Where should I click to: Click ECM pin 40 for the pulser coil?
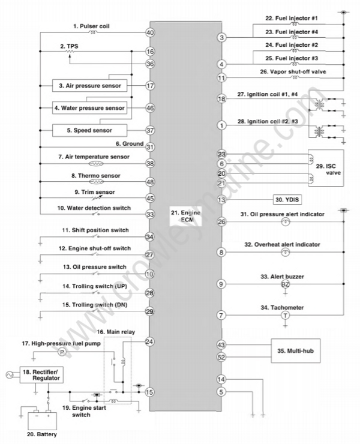[x=150, y=33]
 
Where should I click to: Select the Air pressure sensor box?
[x=89, y=86]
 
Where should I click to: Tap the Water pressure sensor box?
[x=89, y=108]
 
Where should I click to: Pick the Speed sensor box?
[x=89, y=130]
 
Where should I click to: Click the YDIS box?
[x=287, y=200]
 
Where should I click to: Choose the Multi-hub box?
[x=296, y=351]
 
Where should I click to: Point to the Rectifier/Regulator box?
[x=41, y=375]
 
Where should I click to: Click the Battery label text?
[x=41, y=434]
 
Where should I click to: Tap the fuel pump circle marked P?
[x=62, y=352]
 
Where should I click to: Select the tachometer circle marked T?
[x=285, y=315]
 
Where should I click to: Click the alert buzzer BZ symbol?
[x=285, y=284]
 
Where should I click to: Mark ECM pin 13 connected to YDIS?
[x=221, y=200]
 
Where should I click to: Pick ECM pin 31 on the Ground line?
[x=150, y=147]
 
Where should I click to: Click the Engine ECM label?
[x=185, y=216]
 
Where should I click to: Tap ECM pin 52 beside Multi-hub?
[x=221, y=358]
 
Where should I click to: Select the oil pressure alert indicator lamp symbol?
[x=285, y=222]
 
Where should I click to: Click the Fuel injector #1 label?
[x=292, y=19]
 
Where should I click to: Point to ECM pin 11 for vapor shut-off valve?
[x=221, y=78]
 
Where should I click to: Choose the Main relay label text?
[x=116, y=332]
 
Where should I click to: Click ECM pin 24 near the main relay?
[x=149, y=342]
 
